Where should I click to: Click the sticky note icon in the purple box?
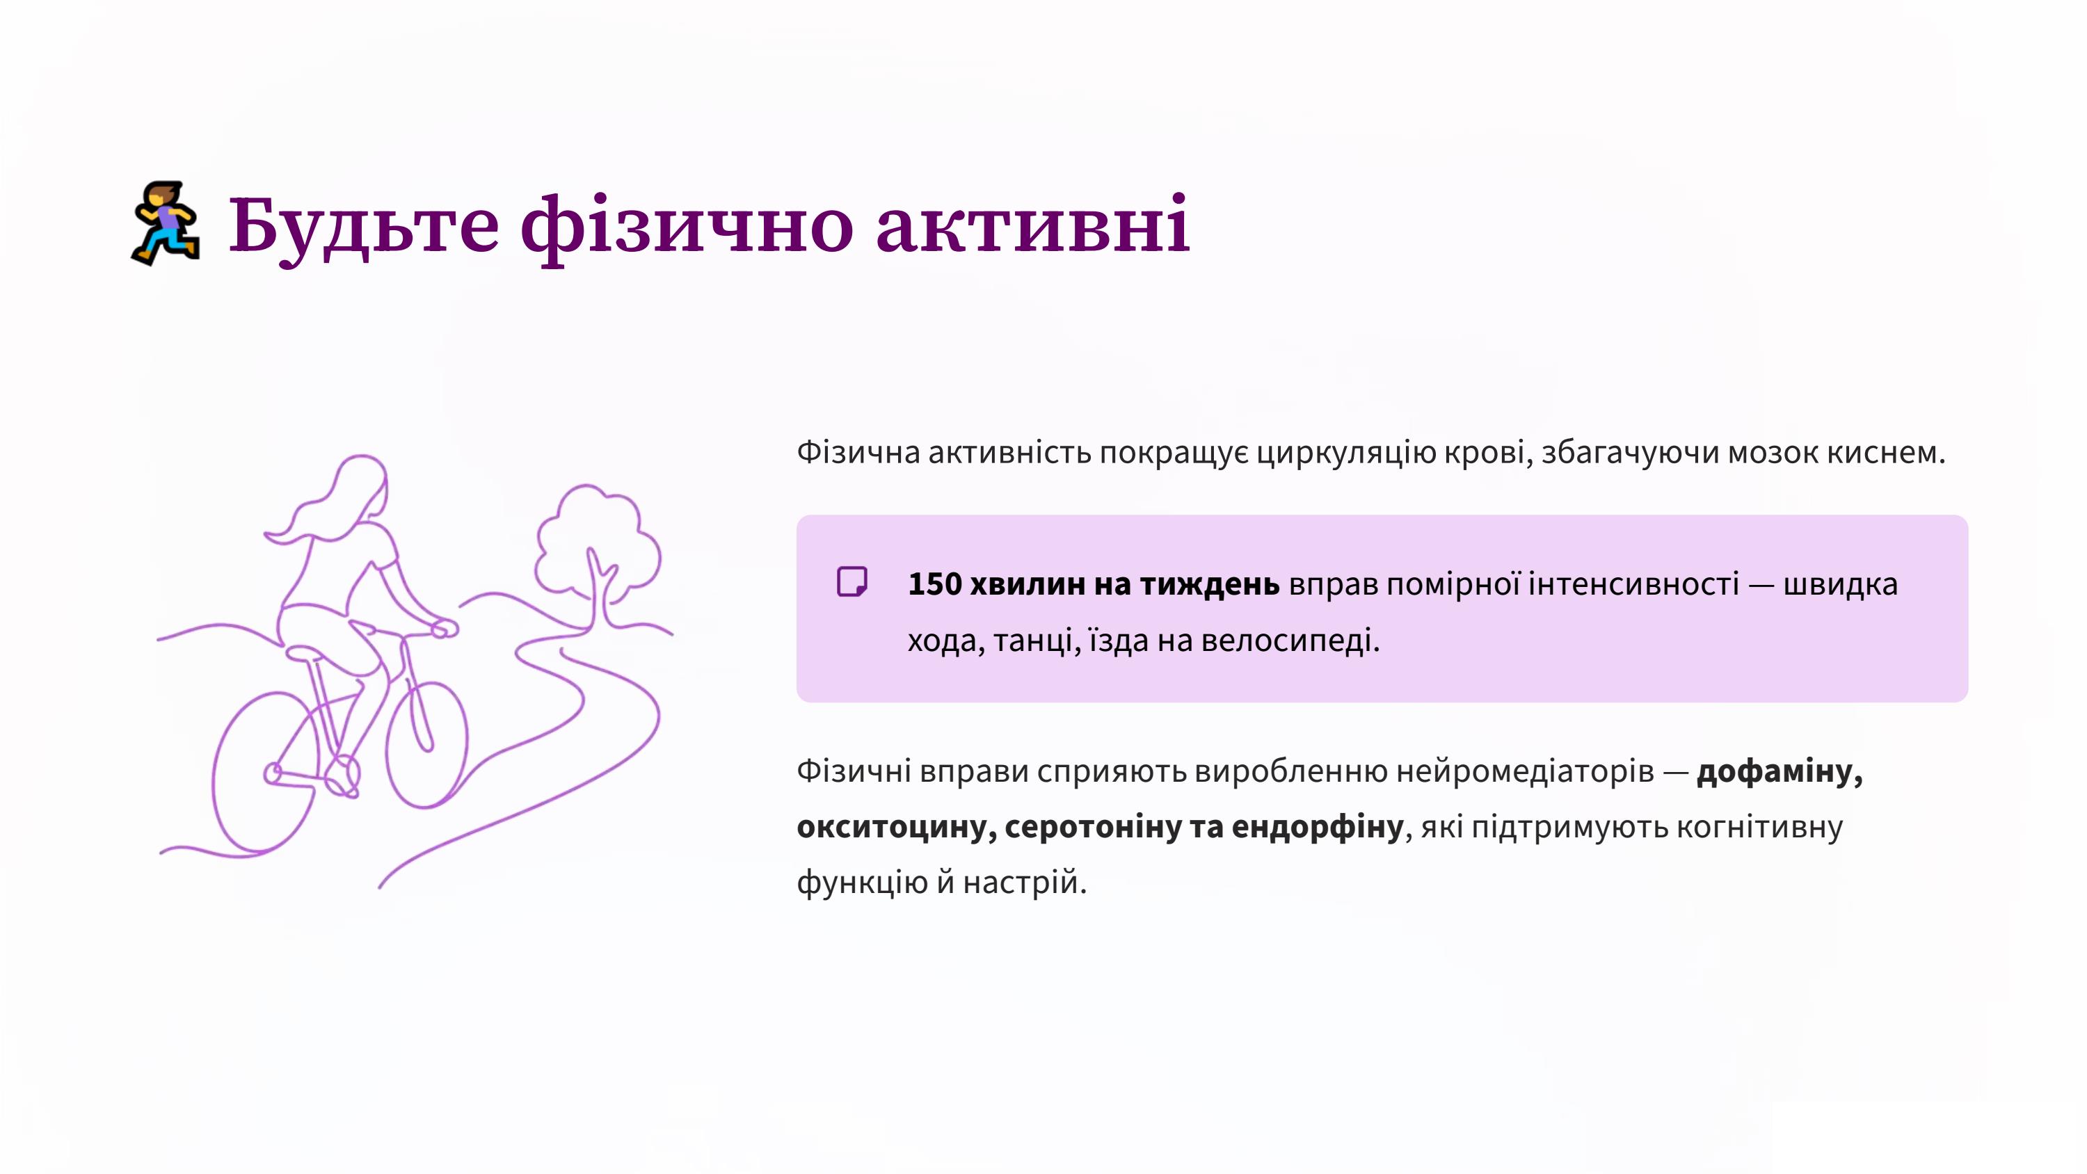click(x=851, y=581)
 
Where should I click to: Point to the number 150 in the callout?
click(x=934, y=584)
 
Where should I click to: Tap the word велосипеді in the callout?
click(x=1290, y=641)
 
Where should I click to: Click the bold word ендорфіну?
click(x=1318, y=826)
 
